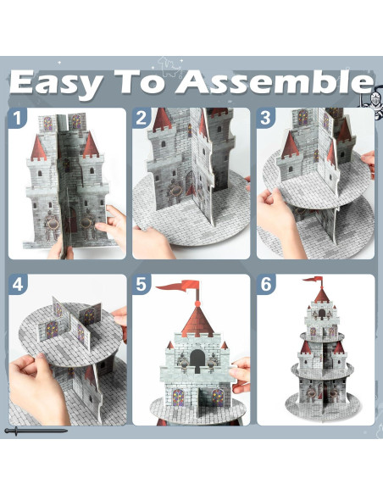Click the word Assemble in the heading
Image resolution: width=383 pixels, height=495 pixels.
coord(275,81)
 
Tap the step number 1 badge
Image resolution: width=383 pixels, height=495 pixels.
coord(17,118)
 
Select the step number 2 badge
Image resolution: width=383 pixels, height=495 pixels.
coord(141,118)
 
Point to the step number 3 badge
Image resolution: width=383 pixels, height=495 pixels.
coord(265,118)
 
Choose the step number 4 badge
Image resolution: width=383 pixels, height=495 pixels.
coord(18,284)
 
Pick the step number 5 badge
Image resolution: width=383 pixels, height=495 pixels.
coord(142,284)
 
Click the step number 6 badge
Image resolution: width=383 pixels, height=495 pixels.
coord(266,284)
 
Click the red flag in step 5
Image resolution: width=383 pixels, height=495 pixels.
coord(178,286)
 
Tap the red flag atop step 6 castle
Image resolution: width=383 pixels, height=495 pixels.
coord(313,280)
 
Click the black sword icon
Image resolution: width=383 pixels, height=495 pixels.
coord(36,431)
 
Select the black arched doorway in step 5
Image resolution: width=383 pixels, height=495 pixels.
coord(197,361)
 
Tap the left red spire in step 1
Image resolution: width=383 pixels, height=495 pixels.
coord(38,147)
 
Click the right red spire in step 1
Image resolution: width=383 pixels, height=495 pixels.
coord(91,145)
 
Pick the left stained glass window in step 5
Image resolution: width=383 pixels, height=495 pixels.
coord(178,398)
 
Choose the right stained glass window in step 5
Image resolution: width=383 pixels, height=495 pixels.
coord(218,398)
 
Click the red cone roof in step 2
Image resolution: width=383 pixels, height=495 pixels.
coord(162,120)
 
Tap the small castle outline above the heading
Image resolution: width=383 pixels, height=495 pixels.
coord(169,67)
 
